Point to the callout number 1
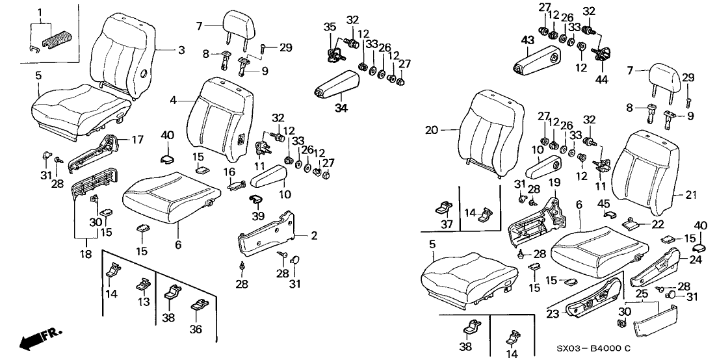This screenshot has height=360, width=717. [40, 12]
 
